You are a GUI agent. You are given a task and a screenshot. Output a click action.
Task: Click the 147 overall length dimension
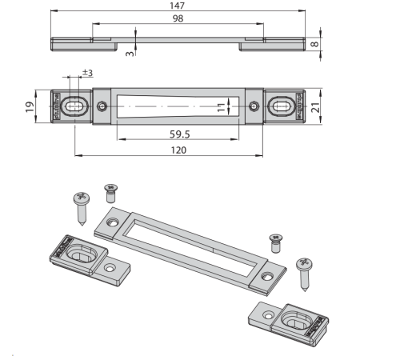point(177,6)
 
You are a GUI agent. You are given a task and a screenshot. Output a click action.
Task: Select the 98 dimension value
point(178,18)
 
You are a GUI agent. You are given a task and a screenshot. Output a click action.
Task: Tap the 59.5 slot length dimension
point(180,134)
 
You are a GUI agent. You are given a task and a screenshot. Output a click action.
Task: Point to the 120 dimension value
point(178,150)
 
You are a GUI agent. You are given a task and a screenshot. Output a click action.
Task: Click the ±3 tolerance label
point(87,73)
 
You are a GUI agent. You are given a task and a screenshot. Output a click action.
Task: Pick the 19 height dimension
point(30,106)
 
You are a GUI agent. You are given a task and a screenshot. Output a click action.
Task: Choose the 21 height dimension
point(315,107)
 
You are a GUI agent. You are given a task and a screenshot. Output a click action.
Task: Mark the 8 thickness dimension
point(315,44)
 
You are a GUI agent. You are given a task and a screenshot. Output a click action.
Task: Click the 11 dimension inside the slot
point(221,107)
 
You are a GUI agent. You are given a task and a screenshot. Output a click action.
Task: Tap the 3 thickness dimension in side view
point(130,54)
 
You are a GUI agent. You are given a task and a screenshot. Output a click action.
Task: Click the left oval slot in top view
point(75,106)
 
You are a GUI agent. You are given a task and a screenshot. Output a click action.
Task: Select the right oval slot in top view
point(282,106)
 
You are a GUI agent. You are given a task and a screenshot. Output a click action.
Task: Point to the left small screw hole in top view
point(102,106)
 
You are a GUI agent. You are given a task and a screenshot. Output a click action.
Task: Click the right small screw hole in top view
point(254,106)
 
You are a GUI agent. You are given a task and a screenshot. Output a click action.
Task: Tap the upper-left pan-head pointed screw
point(82,209)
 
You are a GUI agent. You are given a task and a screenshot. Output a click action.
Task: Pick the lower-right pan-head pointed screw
point(304,274)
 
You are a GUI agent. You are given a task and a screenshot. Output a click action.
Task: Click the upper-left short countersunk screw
point(111,193)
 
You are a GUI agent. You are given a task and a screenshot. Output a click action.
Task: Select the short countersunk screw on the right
point(276,243)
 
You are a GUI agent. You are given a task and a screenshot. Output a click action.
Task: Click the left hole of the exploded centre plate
point(113,222)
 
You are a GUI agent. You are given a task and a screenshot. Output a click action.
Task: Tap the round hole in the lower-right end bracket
point(268,316)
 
